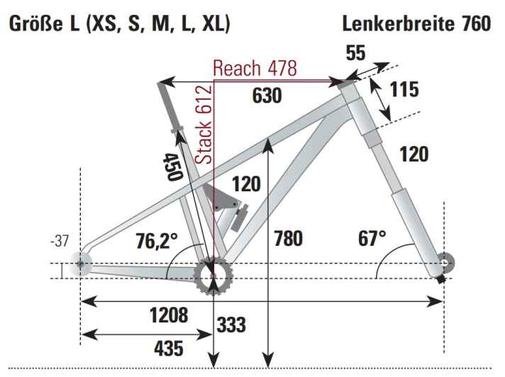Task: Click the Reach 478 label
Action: pos(255,69)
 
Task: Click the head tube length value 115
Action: pos(404,90)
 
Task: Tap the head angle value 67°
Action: pos(372,237)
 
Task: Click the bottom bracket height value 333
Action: pos(231,325)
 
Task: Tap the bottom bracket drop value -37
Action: pos(64,241)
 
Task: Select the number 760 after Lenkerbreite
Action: pos(474,23)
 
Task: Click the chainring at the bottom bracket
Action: pos(213,274)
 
